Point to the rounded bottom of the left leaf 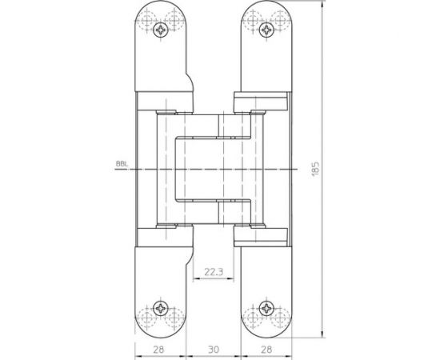pos(162,329)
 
